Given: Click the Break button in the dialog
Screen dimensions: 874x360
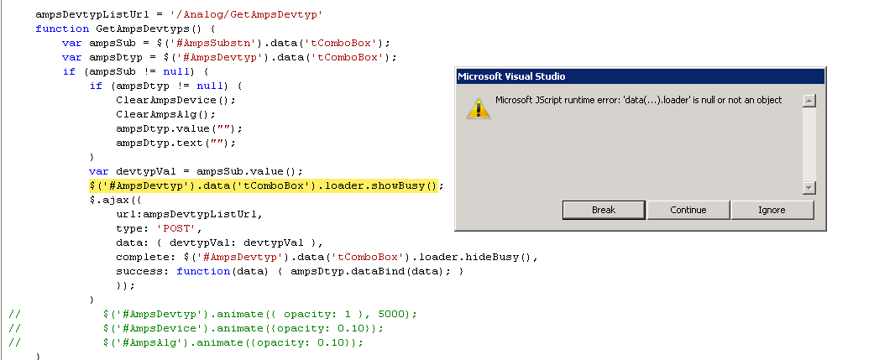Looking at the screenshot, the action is point(604,210).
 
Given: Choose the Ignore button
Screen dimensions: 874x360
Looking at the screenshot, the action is point(772,210).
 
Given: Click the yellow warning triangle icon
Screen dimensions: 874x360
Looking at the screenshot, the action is point(479,108).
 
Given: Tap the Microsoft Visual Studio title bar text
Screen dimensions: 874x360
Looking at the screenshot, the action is point(511,76).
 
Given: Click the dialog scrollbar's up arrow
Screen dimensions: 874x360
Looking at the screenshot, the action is point(809,101).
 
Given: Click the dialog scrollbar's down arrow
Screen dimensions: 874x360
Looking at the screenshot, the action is point(809,188).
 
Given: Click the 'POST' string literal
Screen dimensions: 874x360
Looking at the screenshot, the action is point(177,229).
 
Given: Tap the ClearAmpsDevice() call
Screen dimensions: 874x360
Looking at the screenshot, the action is point(175,101).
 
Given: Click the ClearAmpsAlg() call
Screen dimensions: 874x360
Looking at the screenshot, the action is point(165,114).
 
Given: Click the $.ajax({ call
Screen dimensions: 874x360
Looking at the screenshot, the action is point(113,200).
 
